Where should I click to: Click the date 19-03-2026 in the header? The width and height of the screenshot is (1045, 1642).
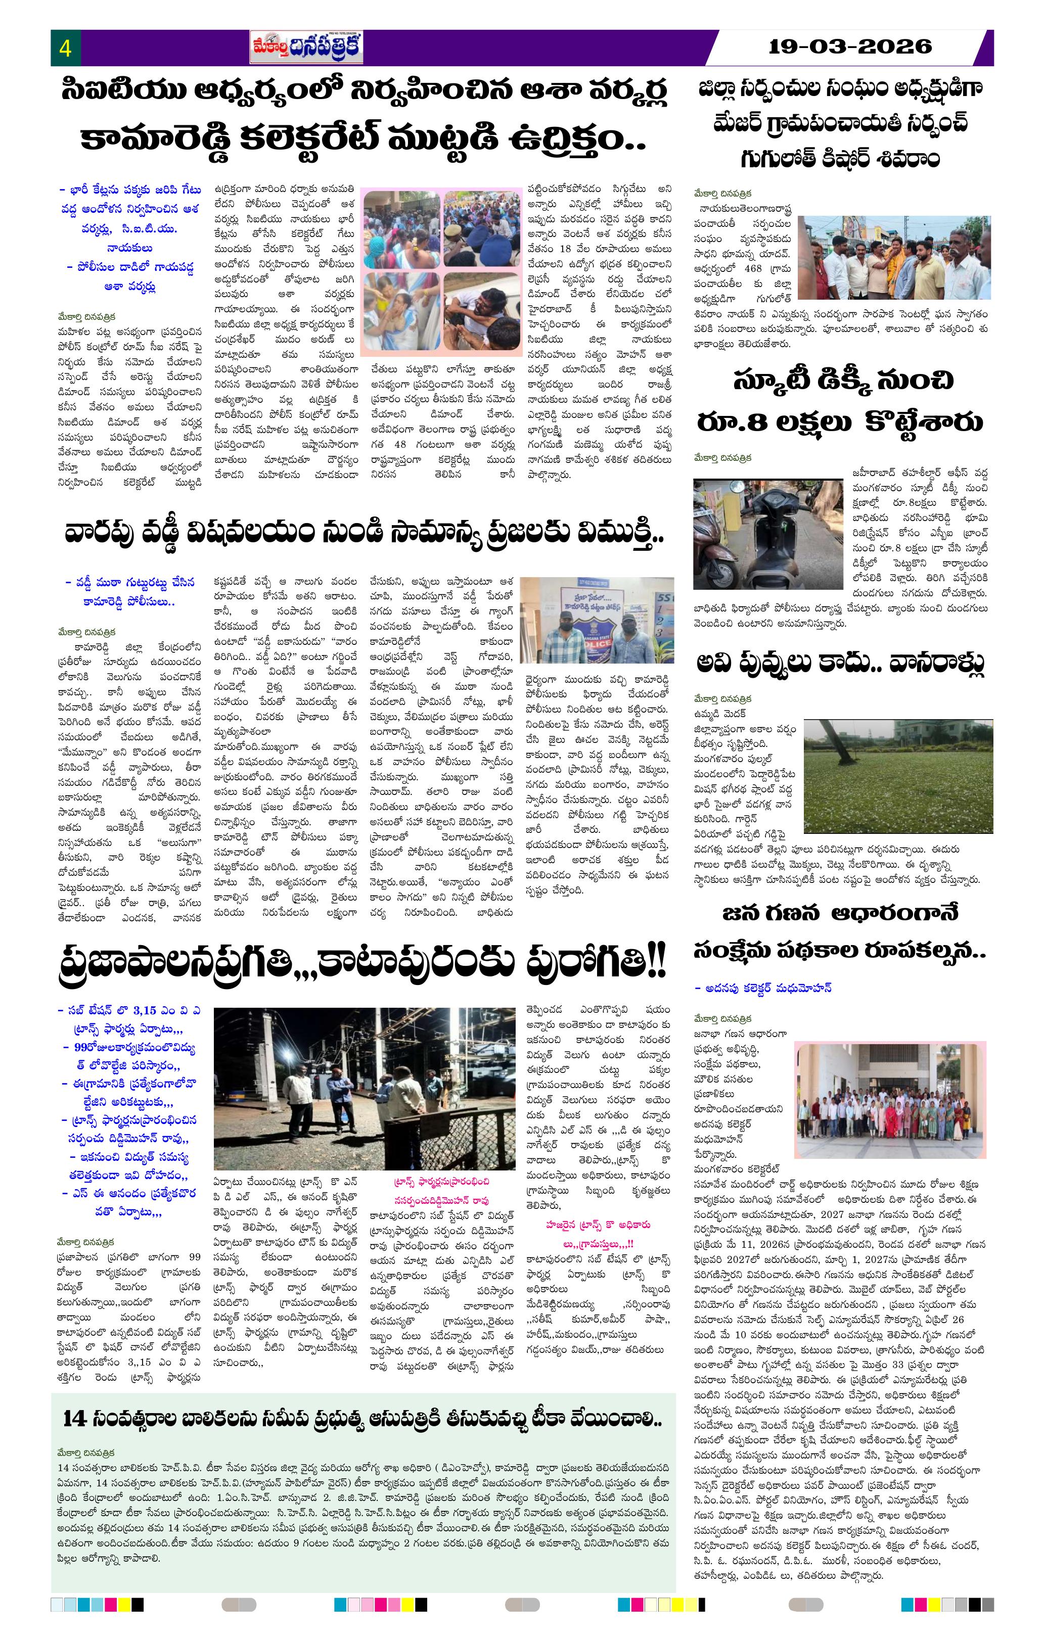[x=849, y=46]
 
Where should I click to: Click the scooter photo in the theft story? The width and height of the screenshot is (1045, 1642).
[x=768, y=534]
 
